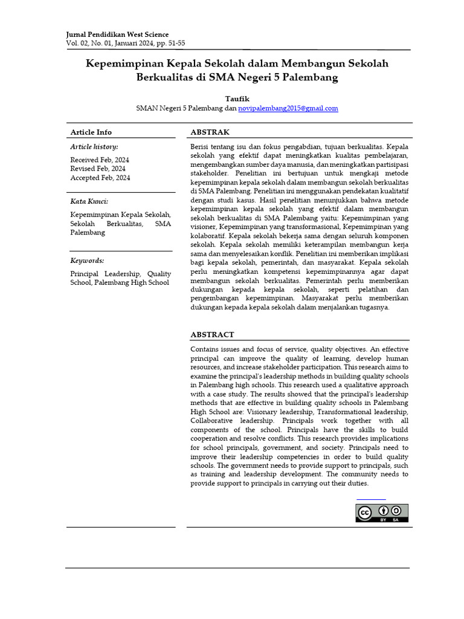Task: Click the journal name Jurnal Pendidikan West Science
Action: coord(117,34)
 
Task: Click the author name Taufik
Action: coord(237,99)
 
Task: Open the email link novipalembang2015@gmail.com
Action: coord(288,108)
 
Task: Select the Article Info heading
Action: coord(91,132)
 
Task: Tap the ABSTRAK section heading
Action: coord(210,132)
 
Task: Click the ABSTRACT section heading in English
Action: coord(212,334)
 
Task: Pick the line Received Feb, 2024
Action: coord(100,160)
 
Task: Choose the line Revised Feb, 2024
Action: coord(98,169)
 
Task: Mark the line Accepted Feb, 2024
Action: coord(100,178)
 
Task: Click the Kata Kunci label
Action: coord(89,201)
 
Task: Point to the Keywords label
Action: coord(87,261)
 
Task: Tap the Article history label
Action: coord(94,147)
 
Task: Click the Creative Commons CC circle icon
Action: coord(364,513)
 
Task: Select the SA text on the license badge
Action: coord(396,520)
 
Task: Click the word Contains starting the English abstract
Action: coord(205,349)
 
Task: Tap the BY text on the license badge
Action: coord(383,520)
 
